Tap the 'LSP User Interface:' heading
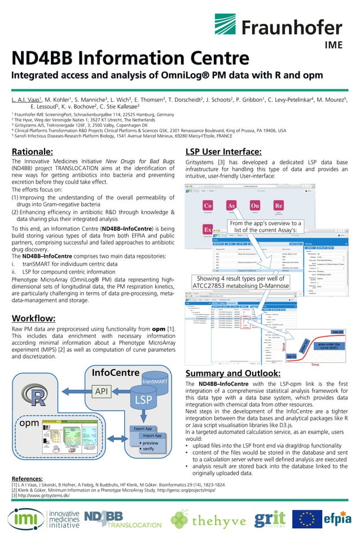tap(223, 151)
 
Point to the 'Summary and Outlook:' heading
tap(233, 373)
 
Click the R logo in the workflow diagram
tap(38, 397)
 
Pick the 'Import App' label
tap(152, 435)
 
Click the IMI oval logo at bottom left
tap(24, 519)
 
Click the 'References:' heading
tap(27, 478)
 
